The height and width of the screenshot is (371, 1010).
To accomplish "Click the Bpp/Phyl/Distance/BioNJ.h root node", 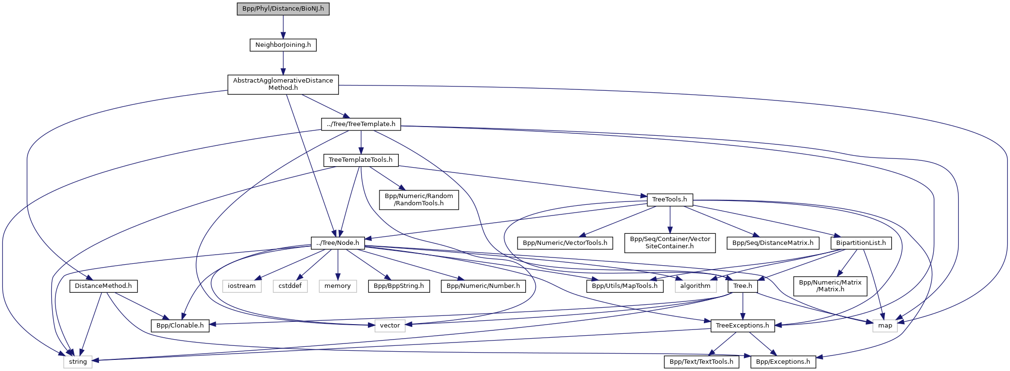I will [x=283, y=9].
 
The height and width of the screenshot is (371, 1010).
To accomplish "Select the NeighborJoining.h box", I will [x=283, y=45].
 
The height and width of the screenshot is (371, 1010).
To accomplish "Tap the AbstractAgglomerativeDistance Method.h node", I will [x=283, y=85].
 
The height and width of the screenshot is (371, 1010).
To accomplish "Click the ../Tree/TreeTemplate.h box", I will [x=361, y=124].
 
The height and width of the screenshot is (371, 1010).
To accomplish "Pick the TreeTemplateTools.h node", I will [x=361, y=160].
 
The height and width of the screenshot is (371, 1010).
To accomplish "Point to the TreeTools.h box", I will [x=670, y=200].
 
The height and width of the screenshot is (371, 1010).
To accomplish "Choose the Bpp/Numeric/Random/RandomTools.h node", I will [x=419, y=200].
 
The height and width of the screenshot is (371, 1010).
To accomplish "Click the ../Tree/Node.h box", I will [x=337, y=243].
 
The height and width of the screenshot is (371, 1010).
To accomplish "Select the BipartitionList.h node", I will [x=861, y=243].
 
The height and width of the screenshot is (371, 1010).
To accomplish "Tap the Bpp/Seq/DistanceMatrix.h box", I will [x=772, y=243].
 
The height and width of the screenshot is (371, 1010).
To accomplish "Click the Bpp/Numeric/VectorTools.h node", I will [x=565, y=243].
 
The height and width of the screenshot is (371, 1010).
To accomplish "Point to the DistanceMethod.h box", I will [x=103, y=286].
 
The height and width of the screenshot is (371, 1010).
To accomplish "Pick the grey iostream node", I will [x=242, y=286].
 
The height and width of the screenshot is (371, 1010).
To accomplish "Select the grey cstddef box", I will [x=290, y=286].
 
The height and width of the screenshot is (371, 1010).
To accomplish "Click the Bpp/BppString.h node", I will [x=398, y=286].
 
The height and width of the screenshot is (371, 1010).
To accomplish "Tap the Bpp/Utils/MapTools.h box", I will [x=625, y=286].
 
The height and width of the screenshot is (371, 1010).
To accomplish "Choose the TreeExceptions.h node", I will [x=743, y=326].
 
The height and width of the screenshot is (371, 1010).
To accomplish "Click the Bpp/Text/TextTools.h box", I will [x=701, y=362].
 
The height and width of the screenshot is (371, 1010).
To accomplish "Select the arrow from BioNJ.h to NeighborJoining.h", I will [x=283, y=27].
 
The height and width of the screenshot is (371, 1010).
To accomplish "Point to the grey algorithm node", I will [x=695, y=286].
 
